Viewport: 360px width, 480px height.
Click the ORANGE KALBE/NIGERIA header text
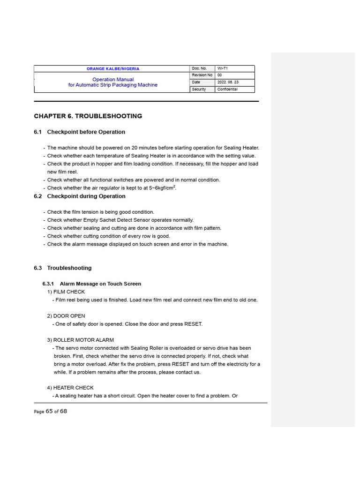pos(112,68)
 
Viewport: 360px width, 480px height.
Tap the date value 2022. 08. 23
pos(227,82)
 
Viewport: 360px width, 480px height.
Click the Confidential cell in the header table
pos(227,89)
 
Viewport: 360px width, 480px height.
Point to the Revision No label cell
pos(202,75)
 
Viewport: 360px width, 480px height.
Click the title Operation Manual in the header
pos(112,79)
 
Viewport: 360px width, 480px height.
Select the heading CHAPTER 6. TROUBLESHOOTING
pos(88,116)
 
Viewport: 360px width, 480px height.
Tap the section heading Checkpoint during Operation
pos(86,196)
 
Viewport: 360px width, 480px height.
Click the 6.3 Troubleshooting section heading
pos(69,268)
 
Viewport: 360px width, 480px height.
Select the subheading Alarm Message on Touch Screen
pos(100,284)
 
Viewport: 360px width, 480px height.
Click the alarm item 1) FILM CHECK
pos(66,292)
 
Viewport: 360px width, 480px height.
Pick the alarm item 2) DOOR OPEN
pos(66,316)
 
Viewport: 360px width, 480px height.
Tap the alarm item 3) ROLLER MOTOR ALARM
pos(80,340)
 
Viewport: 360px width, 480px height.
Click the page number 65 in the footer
pos(49,411)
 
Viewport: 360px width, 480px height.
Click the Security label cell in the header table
pos(199,89)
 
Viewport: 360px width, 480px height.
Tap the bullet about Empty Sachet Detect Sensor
pos(120,220)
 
